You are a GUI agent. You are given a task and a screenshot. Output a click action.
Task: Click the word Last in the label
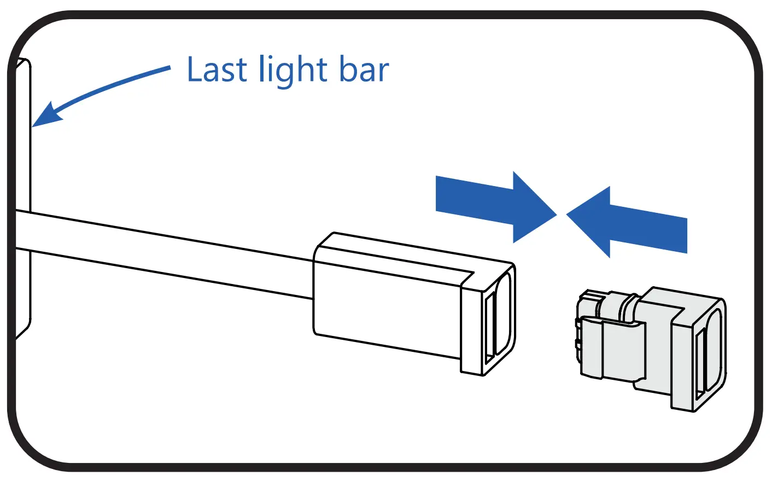217,69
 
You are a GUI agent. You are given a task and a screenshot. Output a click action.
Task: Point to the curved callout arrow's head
46,115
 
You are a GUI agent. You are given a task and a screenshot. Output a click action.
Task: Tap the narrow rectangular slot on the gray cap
699,364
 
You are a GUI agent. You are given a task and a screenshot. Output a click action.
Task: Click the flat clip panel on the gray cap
623,350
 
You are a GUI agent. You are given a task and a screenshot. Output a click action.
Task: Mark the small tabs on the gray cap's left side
577,334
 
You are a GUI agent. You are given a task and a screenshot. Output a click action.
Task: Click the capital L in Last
195,69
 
